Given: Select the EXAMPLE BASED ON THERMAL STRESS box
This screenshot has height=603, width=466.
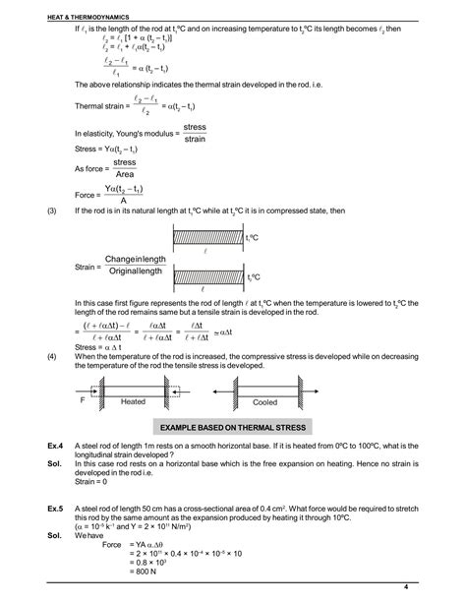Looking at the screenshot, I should (x=234, y=427).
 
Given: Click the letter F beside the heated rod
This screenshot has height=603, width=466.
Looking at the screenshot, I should (x=84, y=400).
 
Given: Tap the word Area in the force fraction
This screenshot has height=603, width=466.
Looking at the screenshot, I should (x=124, y=173).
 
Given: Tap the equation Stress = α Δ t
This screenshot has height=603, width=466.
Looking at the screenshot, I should (x=102, y=346).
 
